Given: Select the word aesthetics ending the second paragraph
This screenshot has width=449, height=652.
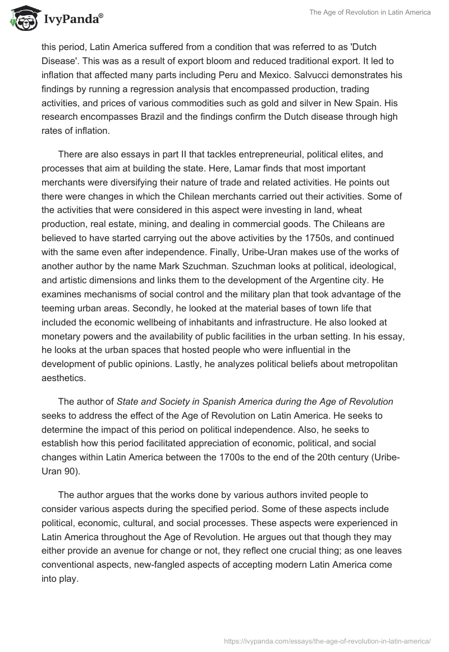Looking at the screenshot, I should (x=63, y=378).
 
